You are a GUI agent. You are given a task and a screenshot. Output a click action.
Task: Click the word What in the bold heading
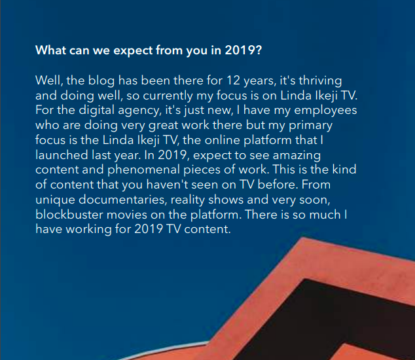tap(50, 50)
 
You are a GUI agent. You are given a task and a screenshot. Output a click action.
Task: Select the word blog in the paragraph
tap(101, 81)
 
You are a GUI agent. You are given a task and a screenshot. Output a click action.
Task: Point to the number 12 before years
tap(233, 81)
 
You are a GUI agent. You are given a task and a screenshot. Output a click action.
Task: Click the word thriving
tap(320, 81)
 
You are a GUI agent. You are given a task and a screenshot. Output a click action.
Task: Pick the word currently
tap(168, 96)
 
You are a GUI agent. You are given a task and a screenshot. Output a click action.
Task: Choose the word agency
tap(139, 111)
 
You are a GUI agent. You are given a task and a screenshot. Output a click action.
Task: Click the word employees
tap(325, 111)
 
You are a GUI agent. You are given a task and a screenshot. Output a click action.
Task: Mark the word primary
tap(310, 126)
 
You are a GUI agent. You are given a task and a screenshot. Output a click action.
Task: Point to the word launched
tap(62, 155)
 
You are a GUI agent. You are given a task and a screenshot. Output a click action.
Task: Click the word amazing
tap(297, 155)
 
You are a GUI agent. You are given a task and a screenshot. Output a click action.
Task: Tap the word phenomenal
tap(144, 170)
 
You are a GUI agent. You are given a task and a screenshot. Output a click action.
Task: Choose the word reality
tap(188, 200)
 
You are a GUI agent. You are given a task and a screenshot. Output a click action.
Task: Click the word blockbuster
tap(69, 215)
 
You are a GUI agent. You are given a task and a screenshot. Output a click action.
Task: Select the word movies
tap(127, 215)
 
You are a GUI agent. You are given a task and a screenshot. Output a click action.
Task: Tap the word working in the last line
tap(88, 230)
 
